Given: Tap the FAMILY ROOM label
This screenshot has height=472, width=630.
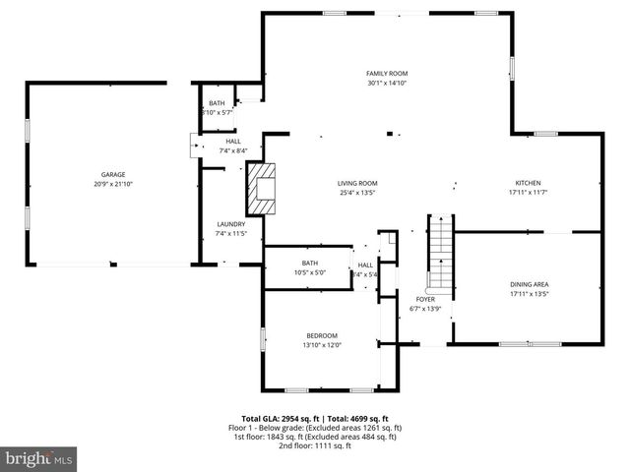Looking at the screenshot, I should coord(387,74).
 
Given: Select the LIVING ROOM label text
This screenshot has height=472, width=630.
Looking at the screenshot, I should coord(357,183).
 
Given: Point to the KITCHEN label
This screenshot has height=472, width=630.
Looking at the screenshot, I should coord(528,183).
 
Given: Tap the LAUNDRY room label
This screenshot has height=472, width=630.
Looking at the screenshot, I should coord(230,224).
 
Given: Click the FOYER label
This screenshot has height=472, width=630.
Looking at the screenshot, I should coord(425,300).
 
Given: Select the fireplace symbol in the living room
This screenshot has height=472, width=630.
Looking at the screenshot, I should coord(263,189).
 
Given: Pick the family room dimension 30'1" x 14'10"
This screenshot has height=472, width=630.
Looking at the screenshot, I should coord(387,85).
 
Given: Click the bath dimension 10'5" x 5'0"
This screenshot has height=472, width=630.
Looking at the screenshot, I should coord(310,273).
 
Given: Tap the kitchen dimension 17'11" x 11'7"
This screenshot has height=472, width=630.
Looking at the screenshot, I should coord(528,194).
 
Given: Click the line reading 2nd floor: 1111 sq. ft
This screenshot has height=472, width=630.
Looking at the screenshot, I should coord(315,445).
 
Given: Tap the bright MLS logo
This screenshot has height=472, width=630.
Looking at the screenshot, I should coord(39,458).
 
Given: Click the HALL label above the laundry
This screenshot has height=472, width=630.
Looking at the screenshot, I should coord(233,142).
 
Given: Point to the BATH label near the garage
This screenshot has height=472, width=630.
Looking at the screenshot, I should coord(217,103).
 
